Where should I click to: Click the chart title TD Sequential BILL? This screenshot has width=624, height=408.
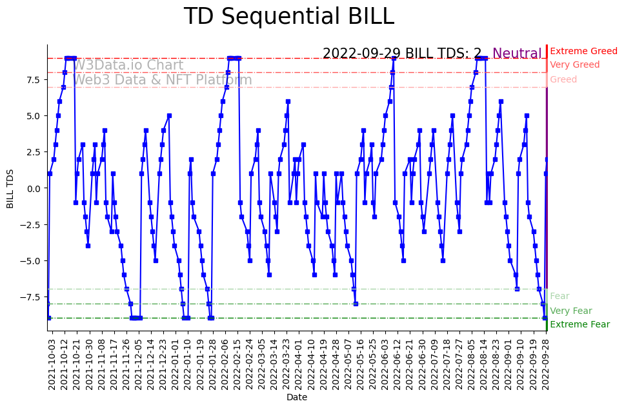288,17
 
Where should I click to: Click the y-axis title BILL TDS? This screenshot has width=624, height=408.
10,188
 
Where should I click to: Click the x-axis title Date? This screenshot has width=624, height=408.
297,398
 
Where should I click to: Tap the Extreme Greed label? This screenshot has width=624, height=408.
583,51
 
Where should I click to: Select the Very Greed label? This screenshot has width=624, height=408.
574,65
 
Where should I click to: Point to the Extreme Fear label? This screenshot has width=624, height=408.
579,325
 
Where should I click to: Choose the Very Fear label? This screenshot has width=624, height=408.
570,311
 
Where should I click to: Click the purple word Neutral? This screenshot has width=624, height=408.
517,53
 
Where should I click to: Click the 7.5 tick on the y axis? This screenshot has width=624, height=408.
33,80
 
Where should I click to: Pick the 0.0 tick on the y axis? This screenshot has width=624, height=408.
33,188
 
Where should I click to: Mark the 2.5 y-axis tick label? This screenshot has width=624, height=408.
33,152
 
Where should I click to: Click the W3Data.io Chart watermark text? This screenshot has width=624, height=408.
128,65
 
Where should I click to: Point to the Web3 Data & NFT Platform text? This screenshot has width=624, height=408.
162,80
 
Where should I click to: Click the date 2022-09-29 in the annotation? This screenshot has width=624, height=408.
363,53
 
